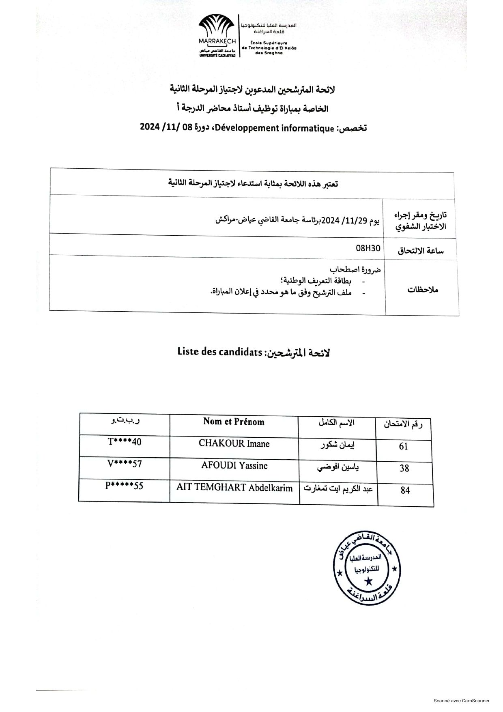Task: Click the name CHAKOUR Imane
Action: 234,444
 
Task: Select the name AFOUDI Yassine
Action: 234,466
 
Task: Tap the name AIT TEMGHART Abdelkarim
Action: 234,488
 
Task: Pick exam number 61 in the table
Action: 403,447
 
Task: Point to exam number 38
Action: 404,469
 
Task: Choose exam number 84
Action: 405,490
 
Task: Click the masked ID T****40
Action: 125,442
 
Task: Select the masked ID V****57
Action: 125,464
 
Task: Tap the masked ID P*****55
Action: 124,486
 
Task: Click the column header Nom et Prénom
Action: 234,422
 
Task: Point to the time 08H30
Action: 368,247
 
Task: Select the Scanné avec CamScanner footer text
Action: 461,701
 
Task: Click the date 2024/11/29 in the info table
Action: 345,220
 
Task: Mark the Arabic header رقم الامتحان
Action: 403,425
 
